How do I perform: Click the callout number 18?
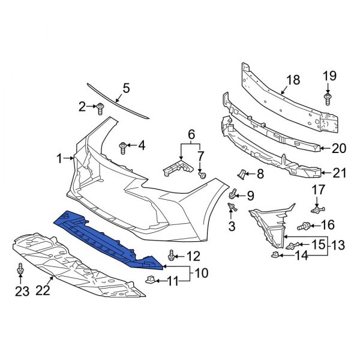click(x=292, y=80)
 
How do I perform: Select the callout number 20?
click(x=339, y=148)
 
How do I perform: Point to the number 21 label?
click(x=340, y=173)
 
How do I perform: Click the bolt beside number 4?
click(x=124, y=146)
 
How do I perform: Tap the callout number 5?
click(x=126, y=89)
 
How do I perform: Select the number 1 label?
click(x=60, y=159)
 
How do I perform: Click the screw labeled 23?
click(x=22, y=273)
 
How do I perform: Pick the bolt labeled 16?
click(x=305, y=226)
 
